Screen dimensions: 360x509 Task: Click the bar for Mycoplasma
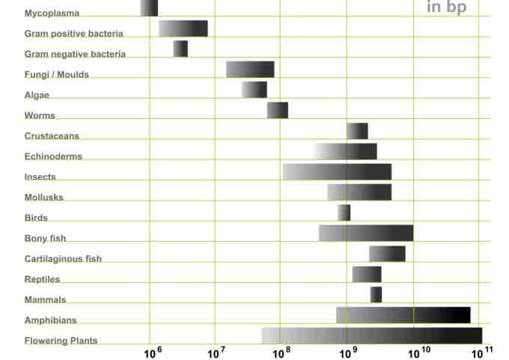point(149,8)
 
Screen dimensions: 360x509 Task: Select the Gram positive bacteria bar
point(183,28)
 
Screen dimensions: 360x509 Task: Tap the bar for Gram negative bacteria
point(180,49)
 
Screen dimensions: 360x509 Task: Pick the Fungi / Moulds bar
point(250,70)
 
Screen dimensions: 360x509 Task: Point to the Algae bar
point(254,90)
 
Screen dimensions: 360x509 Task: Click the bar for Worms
point(278,110)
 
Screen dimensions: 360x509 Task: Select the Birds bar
point(344,213)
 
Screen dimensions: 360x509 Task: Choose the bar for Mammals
point(376,295)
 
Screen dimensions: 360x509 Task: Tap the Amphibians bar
point(403,315)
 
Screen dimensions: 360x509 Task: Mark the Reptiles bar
point(367,274)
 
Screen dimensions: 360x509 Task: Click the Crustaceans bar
point(357,131)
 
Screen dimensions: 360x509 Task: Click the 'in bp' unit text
point(446,7)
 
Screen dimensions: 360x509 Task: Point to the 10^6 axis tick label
point(153,350)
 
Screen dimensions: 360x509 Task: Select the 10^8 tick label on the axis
point(283,350)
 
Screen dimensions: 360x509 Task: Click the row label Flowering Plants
point(61,341)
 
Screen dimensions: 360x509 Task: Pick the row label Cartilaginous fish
point(63,259)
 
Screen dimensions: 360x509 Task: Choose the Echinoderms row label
point(53,156)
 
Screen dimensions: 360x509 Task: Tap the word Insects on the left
point(40,177)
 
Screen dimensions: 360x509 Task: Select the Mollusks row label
point(43,198)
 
